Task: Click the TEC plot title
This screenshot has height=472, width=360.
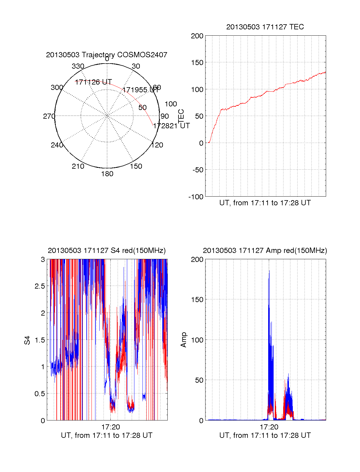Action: click(265, 27)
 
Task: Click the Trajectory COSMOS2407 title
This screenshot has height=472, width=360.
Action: click(106, 55)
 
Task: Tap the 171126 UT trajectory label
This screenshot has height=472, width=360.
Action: click(93, 82)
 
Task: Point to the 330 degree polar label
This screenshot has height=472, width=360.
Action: click(78, 66)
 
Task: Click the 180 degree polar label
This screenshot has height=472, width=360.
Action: click(107, 174)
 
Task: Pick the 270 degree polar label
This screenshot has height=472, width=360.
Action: click(49, 116)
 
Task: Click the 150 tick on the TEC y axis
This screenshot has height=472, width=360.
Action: click(197, 63)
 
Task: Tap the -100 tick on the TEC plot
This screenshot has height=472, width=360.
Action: click(196, 197)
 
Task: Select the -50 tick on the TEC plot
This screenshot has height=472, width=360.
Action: click(197, 170)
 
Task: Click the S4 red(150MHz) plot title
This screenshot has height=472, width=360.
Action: click(106, 251)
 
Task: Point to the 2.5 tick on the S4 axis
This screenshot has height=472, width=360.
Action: click(40, 286)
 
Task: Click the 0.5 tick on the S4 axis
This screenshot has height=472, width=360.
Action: click(40, 394)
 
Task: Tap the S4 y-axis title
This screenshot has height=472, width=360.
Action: click(27, 340)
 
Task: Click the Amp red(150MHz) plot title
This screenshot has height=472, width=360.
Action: click(265, 251)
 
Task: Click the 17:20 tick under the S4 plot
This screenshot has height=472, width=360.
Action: click(111, 427)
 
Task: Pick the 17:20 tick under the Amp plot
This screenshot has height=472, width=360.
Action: click(269, 427)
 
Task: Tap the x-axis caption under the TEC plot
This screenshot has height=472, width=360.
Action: click(265, 203)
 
